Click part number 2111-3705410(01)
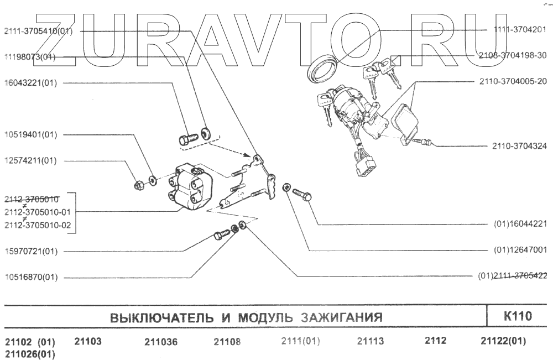pyautogui.click(x=38, y=31)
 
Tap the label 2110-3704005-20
pyautogui.click(x=513, y=81)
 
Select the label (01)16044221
pyautogui.click(x=520, y=224)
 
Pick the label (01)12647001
pyautogui.click(x=520, y=250)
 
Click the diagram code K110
pyautogui.click(x=518, y=317)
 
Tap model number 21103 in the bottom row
pyautogui.click(x=88, y=341)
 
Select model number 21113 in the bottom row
pyautogui.click(x=371, y=341)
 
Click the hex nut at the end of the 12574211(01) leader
pyautogui.click(x=139, y=185)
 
